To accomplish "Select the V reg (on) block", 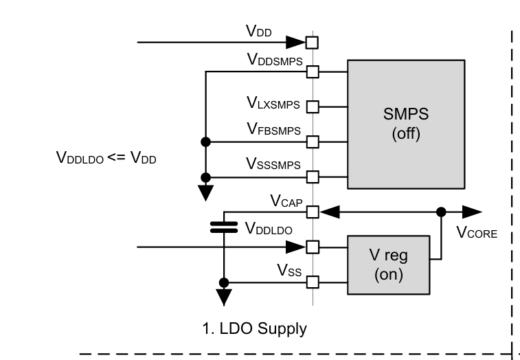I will (388, 265).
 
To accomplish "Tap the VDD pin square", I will (313, 43).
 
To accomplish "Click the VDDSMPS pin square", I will (313, 71).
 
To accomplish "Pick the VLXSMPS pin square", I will (313, 106).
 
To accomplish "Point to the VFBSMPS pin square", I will (313, 142).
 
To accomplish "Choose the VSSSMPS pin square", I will (313, 177).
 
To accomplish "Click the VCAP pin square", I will (313, 212).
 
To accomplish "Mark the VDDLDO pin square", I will (313, 247).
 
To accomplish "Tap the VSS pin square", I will (313, 282).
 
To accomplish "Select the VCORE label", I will (477, 233).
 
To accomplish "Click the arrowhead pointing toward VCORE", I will (473, 212).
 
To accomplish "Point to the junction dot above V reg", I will (440, 212).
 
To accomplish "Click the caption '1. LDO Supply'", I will (255, 329).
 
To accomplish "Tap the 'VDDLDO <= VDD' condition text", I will (106, 157).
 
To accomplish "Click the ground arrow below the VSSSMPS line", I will (205, 192).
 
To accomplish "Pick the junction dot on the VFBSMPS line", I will (205, 142).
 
